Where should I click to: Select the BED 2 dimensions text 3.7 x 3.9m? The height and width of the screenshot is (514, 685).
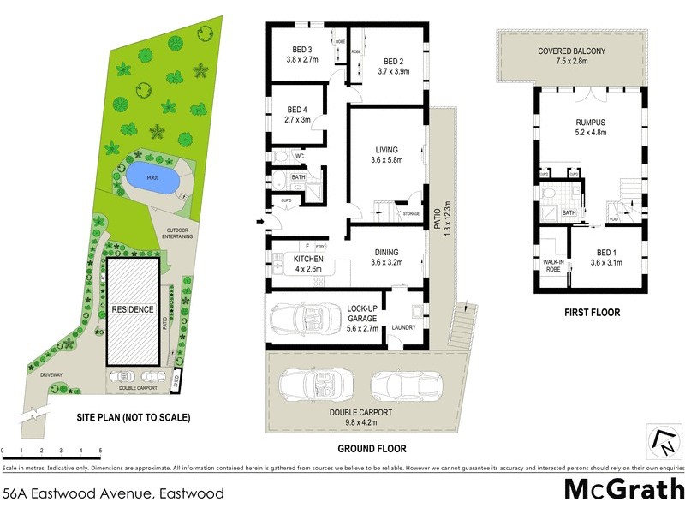point(393,72)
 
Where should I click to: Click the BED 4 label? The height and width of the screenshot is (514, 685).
point(296,110)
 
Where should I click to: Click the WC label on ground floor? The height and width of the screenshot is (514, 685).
point(300,157)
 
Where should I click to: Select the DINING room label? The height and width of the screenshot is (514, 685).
point(387,252)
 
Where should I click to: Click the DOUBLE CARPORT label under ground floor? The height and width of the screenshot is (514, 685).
point(362,412)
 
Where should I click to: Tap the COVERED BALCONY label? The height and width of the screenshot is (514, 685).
point(571,51)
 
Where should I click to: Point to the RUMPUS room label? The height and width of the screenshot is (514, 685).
point(589,123)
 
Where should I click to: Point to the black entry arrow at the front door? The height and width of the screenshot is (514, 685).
point(259,223)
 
